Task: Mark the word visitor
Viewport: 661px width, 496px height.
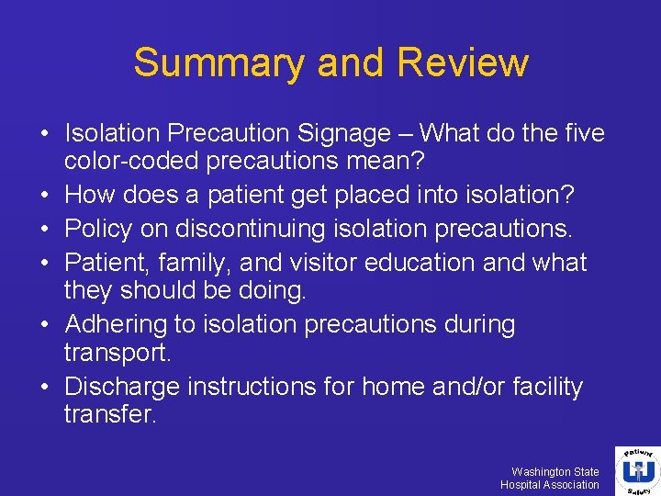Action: click(x=315, y=263)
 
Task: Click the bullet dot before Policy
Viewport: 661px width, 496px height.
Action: click(x=45, y=229)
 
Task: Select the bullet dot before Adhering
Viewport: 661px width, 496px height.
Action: click(x=45, y=325)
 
